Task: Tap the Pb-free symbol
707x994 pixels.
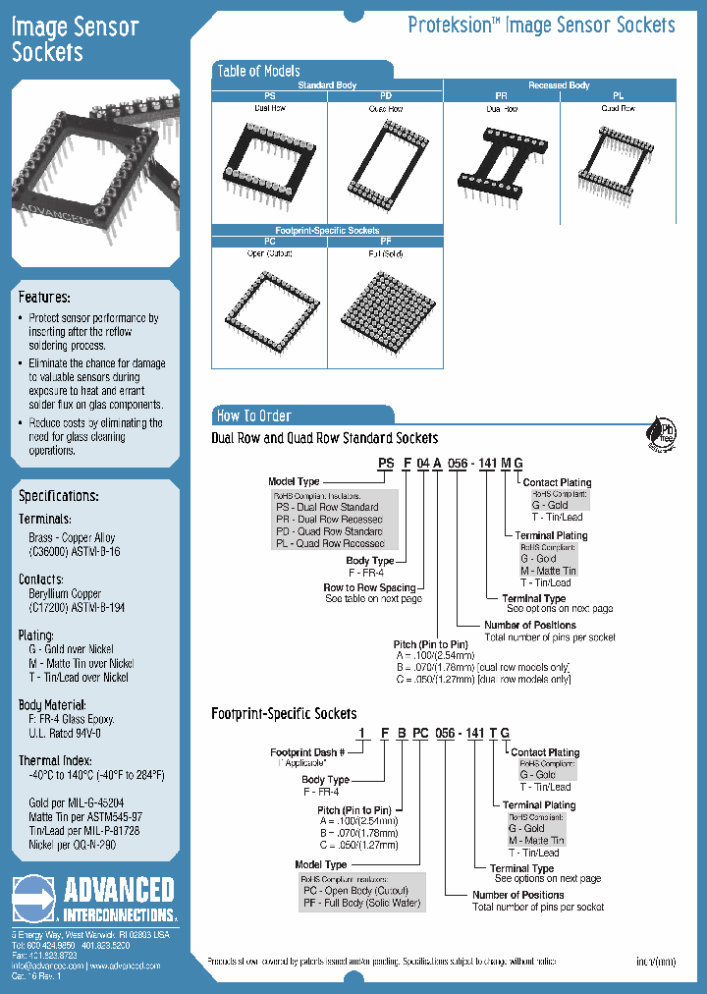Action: [662, 433]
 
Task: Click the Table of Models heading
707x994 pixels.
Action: [258, 71]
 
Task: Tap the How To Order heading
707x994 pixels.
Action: [253, 415]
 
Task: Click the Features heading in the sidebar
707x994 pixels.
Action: [44, 297]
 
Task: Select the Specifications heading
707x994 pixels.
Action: [58, 496]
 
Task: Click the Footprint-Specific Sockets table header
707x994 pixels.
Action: [328, 230]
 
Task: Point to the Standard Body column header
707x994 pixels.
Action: [327, 85]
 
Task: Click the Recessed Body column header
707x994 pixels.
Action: [559, 85]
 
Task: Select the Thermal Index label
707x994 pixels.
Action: [54, 761]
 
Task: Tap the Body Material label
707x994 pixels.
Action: [52, 705]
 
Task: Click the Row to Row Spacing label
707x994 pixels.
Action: [369, 587]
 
